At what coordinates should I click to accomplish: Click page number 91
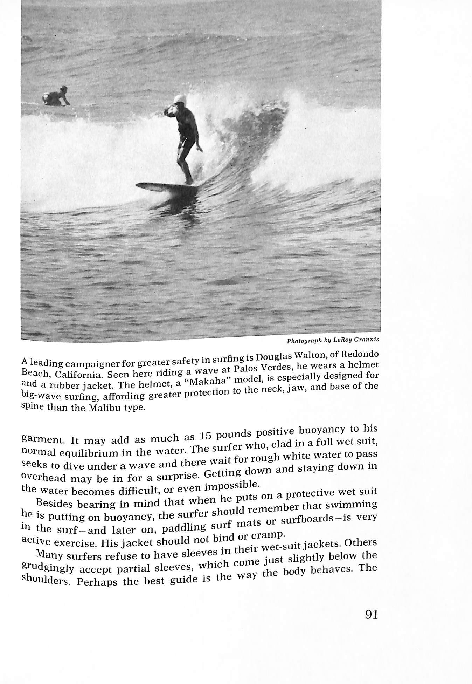(x=371, y=615)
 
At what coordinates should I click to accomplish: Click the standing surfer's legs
(x=185, y=161)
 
